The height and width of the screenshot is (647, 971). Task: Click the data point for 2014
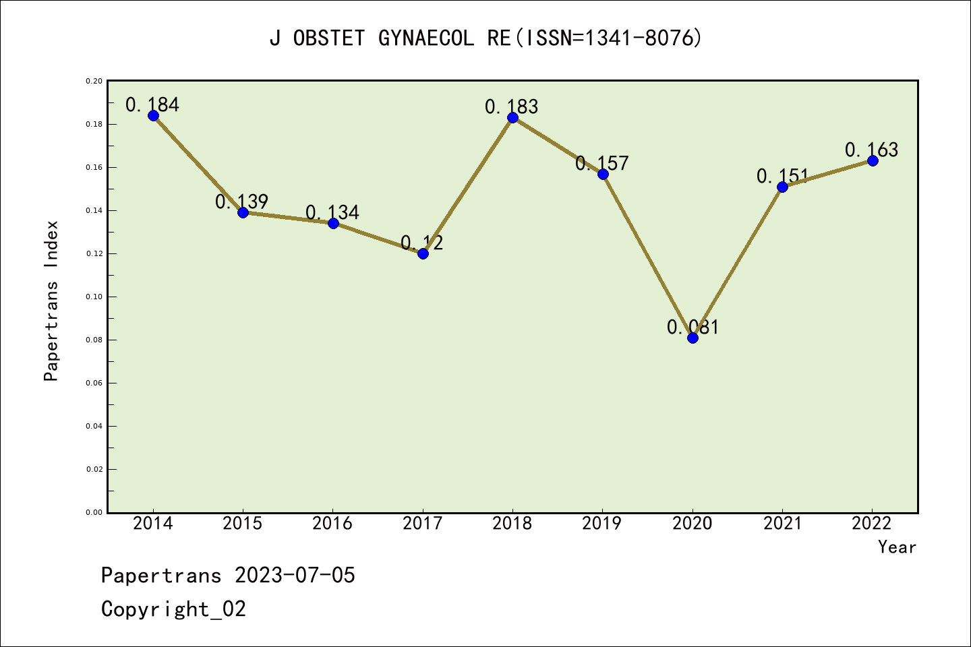coord(153,115)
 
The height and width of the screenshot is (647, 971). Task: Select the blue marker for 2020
coord(693,338)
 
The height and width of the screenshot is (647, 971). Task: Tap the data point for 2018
coord(512,117)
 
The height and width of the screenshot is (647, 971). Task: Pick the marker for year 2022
coord(873,160)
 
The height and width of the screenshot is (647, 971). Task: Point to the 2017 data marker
coord(423,253)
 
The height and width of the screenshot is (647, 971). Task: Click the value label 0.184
coord(152,104)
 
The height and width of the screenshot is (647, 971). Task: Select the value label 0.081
coord(693,327)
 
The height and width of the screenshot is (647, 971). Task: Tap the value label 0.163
coord(872,150)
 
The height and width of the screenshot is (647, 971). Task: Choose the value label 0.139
coord(242,202)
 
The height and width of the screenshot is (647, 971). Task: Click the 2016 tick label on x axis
coord(332,524)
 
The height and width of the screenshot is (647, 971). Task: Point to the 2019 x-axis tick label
coord(602,524)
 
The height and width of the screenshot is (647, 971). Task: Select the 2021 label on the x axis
coord(782,524)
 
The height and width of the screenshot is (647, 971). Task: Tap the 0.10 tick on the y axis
coord(94,297)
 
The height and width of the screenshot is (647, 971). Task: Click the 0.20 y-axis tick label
coord(94,81)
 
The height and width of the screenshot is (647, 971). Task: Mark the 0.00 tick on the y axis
coord(94,512)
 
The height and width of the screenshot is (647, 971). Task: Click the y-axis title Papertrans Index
coord(51,301)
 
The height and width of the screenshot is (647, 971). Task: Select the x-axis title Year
coord(898,547)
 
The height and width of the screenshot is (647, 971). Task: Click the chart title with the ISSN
coord(486,38)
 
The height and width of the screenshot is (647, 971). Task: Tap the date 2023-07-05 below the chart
coord(295,576)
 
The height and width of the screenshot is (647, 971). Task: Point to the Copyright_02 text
coord(174,609)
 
